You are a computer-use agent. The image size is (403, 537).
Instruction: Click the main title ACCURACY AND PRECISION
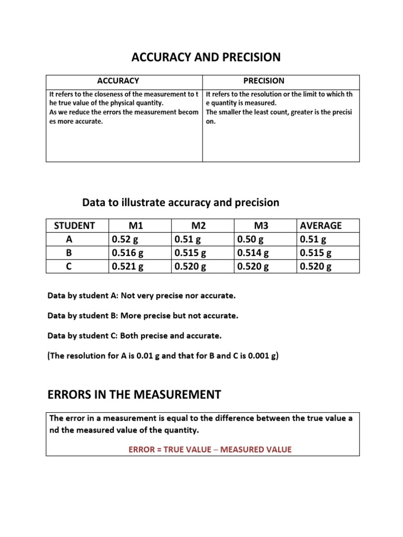[x=201, y=57]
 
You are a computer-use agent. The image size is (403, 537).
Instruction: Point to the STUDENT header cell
[x=75, y=225]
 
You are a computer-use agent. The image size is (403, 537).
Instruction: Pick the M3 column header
[x=261, y=225]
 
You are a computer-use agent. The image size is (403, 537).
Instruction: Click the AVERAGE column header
[x=320, y=225]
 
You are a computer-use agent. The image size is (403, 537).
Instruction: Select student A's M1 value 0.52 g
[x=125, y=239]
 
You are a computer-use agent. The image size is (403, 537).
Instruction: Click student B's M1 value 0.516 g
[x=128, y=253]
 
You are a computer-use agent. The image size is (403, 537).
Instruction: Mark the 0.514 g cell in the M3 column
[x=253, y=253]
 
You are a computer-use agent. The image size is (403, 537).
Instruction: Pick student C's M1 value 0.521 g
[x=128, y=266]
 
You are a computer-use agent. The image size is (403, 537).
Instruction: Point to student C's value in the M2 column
[x=190, y=266]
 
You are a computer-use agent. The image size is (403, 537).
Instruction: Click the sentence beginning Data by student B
[x=143, y=316]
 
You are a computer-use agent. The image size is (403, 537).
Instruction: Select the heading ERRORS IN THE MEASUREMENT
[x=134, y=394]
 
